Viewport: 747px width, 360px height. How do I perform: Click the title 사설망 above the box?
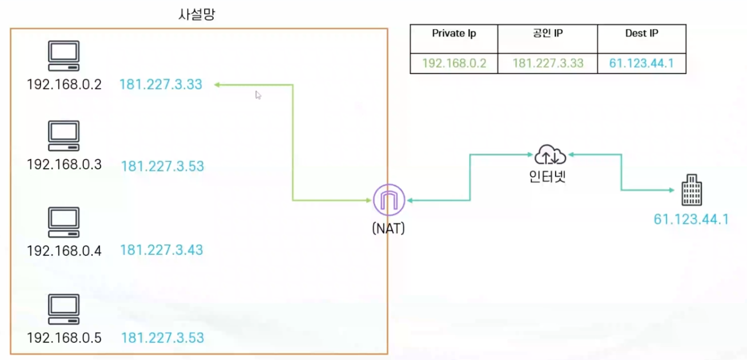tap(197, 14)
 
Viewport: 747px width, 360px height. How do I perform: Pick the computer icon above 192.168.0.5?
tap(63, 310)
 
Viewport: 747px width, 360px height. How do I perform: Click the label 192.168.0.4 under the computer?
tap(64, 251)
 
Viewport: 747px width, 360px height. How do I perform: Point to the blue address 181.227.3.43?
tap(161, 250)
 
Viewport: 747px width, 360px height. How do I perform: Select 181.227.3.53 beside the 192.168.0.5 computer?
tap(162, 338)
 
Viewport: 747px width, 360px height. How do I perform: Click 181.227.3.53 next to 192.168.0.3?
tap(162, 167)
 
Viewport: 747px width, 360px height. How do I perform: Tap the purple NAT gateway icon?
tap(389, 200)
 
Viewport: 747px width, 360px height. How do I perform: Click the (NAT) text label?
tap(388, 228)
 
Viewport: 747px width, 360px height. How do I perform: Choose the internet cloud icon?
tap(550, 155)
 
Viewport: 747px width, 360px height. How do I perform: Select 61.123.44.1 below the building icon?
tap(691, 219)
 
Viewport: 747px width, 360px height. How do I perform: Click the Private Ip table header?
tap(454, 34)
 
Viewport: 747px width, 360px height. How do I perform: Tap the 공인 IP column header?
tap(547, 34)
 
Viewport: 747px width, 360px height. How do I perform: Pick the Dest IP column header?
tap(641, 34)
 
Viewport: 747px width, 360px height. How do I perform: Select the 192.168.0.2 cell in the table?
tap(454, 63)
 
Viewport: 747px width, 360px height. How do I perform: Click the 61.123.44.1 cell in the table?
tap(641, 63)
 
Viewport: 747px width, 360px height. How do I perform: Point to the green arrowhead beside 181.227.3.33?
tap(218, 85)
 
